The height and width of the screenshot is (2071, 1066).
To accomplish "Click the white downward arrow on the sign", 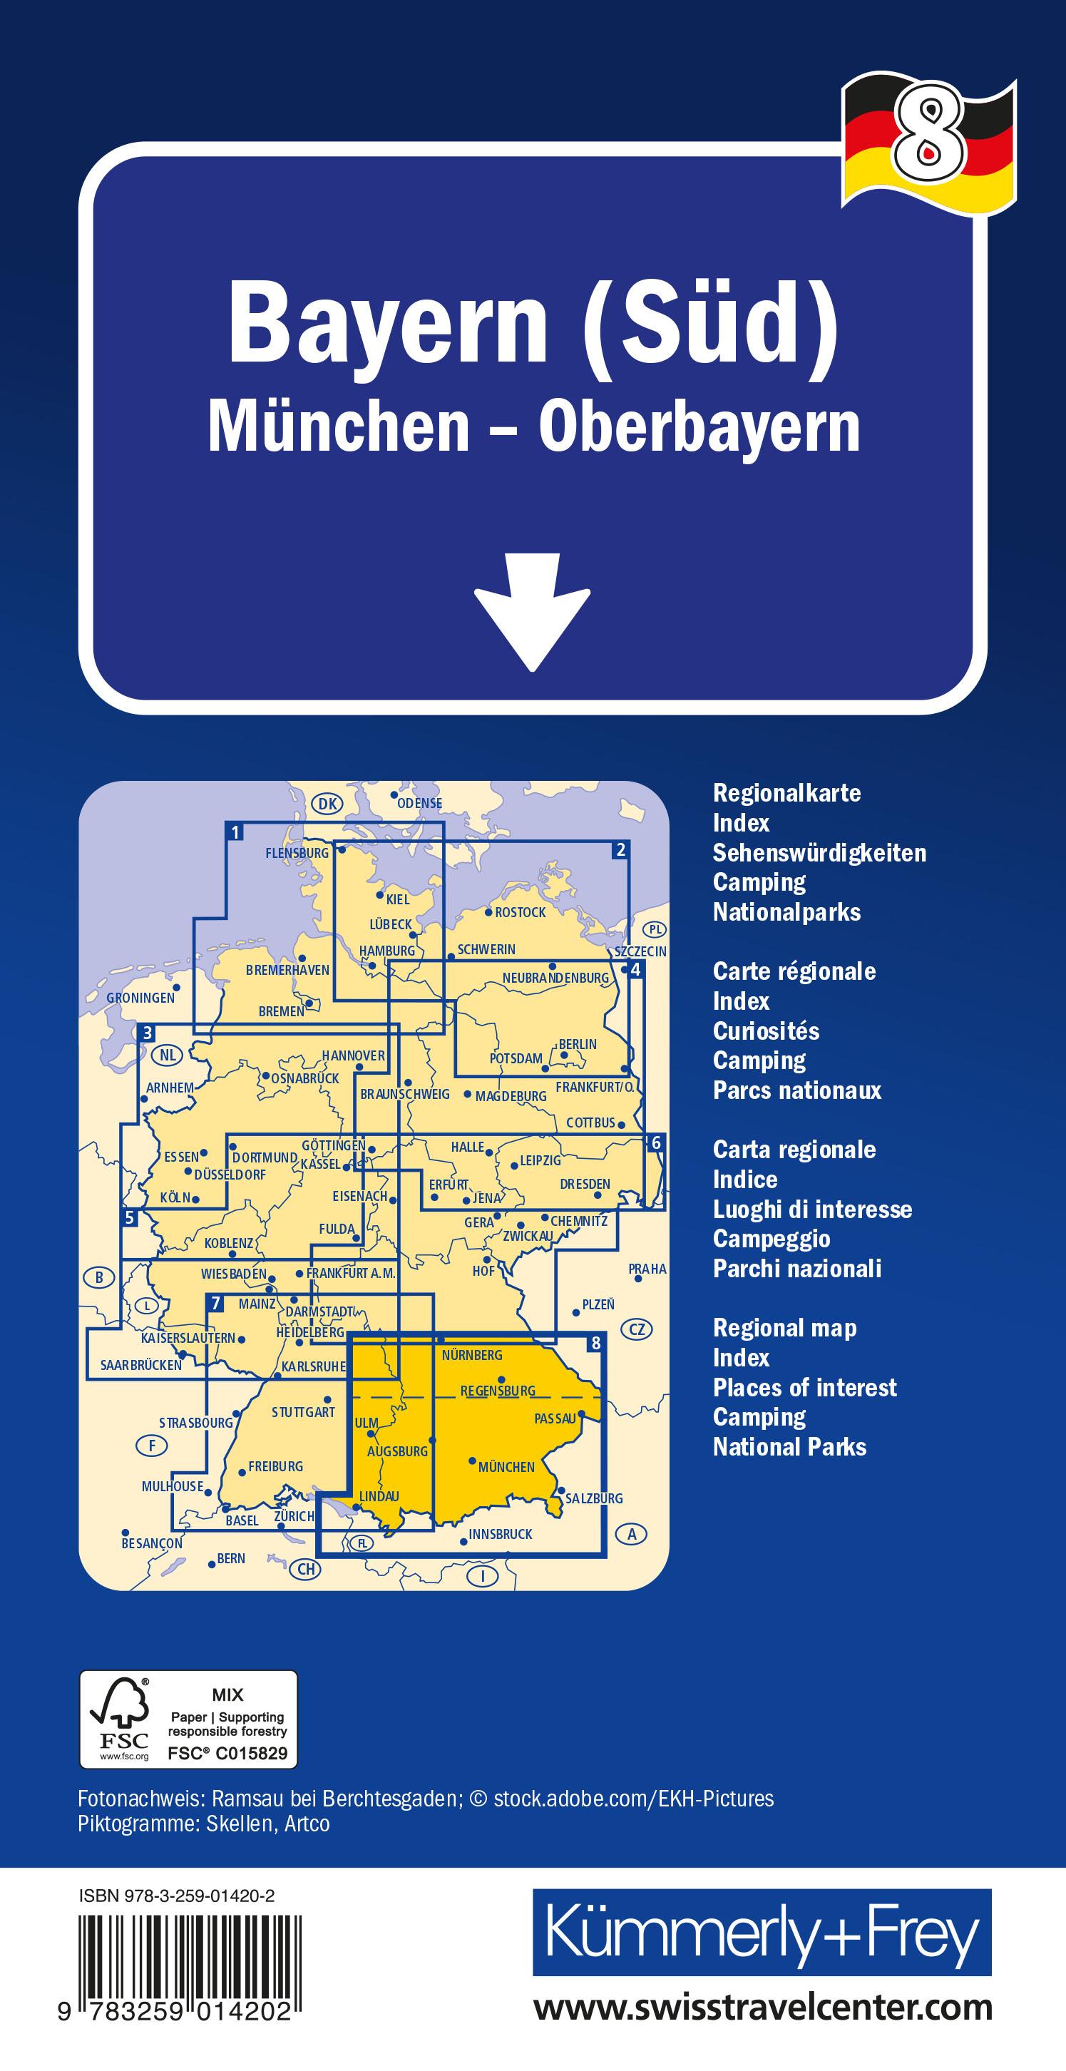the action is click(532, 611).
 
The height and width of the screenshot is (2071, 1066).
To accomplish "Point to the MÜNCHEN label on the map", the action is click(506, 1467).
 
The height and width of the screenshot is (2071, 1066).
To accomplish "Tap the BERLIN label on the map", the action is click(578, 1044).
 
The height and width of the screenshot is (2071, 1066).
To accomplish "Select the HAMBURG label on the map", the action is click(386, 951).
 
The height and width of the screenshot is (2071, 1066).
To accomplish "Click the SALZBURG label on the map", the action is click(594, 1498).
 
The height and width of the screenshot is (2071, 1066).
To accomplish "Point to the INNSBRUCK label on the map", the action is click(500, 1534).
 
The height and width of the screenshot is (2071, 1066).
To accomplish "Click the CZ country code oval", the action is click(637, 1329).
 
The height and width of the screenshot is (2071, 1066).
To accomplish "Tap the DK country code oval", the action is click(327, 803).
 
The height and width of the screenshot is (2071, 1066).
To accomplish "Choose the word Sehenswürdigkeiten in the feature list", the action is click(819, 852).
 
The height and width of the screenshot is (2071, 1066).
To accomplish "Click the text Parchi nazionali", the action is click(796, 1269).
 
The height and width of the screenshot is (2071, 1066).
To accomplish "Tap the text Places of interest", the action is click(805, 1388).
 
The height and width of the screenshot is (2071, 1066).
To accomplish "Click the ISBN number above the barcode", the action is click(177, 1896).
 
